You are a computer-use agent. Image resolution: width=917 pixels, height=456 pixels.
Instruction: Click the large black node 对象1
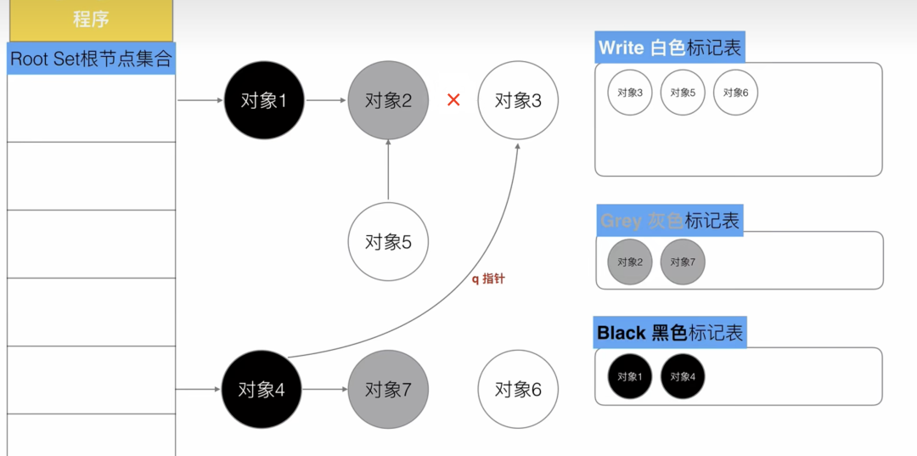264,100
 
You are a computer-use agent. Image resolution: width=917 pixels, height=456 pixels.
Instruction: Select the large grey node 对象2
388,100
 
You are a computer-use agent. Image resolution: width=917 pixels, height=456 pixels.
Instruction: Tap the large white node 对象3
518,100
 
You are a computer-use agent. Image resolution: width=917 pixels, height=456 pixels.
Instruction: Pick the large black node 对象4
261,390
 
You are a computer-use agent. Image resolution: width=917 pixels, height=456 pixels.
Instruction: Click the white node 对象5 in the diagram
388,242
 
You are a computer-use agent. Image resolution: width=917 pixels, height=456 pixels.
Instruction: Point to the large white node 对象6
518,390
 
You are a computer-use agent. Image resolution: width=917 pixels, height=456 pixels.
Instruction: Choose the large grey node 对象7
388,390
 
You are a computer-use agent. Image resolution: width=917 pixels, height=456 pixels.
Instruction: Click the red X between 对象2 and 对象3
453,100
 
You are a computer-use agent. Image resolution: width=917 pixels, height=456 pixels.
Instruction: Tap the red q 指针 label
488,279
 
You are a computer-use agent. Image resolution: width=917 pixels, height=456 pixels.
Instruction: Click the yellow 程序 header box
91,20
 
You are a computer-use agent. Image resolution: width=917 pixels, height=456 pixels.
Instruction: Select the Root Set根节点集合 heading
91,59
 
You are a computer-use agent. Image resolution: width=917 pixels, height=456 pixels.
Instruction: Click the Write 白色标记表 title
670,48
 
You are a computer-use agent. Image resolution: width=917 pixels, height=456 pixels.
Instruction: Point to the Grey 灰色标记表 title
670,221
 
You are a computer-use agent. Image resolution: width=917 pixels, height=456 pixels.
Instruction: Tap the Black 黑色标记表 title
670,333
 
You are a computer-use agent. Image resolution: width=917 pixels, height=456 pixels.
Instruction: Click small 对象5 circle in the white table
683,93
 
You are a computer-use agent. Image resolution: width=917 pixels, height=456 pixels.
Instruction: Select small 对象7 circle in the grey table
683,262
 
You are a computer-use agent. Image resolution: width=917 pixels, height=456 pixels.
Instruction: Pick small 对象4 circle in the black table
683,376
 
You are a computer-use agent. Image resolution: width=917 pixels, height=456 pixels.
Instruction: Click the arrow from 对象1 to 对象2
326,100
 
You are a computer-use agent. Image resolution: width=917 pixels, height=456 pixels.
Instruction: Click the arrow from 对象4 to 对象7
324,390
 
